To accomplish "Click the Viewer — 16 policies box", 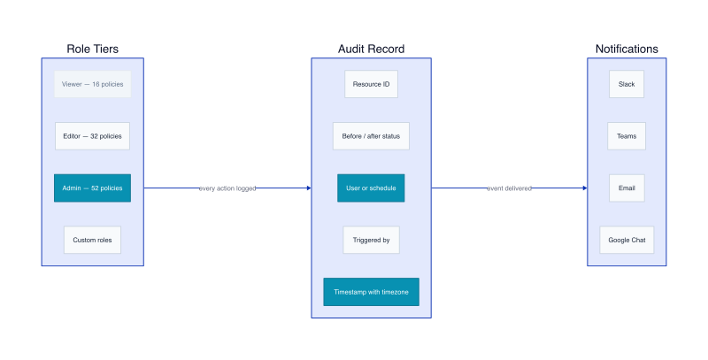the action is click(x=93, y=84).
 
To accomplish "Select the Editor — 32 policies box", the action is click(x=93, y=136).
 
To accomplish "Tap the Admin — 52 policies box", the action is click(x=93, y=188).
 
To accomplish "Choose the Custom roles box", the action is click(x=93, y=240).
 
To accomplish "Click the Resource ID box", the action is click(x=371, y=84).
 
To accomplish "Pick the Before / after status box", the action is click(x=371, y=136).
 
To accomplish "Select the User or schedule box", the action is click(x=371, y=188).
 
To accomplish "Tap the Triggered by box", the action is click(x=371, y=240).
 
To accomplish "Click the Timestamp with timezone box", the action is click(x=371, y=292).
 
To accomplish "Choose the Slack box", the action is click(x=627, y=84).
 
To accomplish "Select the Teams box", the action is click(x=627, y=136).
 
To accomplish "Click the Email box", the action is click(x=627, y=188).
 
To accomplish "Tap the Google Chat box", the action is click(x=627, y=240).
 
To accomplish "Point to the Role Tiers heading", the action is click(x=93, y=49).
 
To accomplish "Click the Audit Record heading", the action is click(x=371, y=49).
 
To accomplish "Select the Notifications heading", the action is click(x=627, y=49).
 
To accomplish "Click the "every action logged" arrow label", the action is click(x=227, y=188).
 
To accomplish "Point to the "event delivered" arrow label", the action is click(x=510, y=188).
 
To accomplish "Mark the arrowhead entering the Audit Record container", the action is click(x=309, y=188).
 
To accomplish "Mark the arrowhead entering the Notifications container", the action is click(x=585, y=188).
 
